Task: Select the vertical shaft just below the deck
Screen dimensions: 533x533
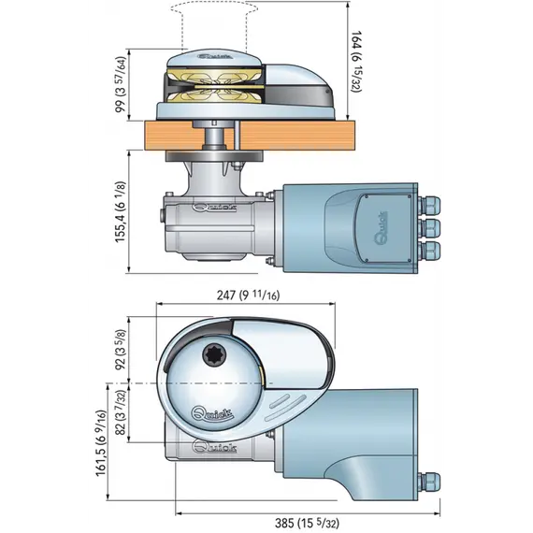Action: pos(214,139)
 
